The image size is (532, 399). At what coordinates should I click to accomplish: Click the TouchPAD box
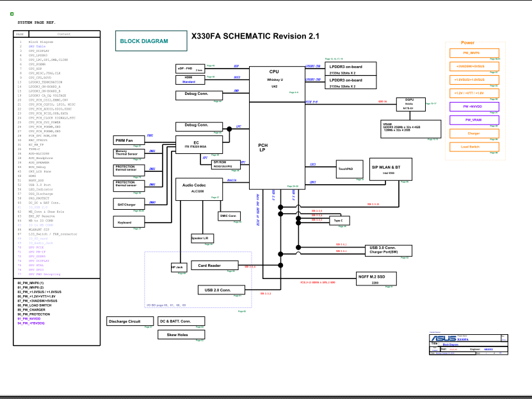(x=350, y=171)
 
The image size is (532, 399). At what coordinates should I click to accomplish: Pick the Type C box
(x=339, y=221)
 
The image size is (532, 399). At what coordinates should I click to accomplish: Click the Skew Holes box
(x=177, y=334)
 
